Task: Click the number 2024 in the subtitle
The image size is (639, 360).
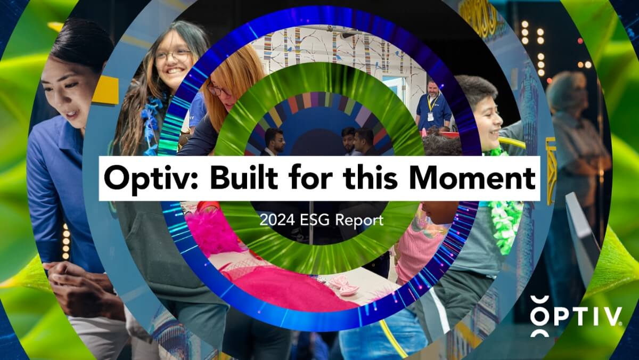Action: click(275, 219)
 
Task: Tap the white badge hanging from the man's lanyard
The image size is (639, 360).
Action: click(430, 116)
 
